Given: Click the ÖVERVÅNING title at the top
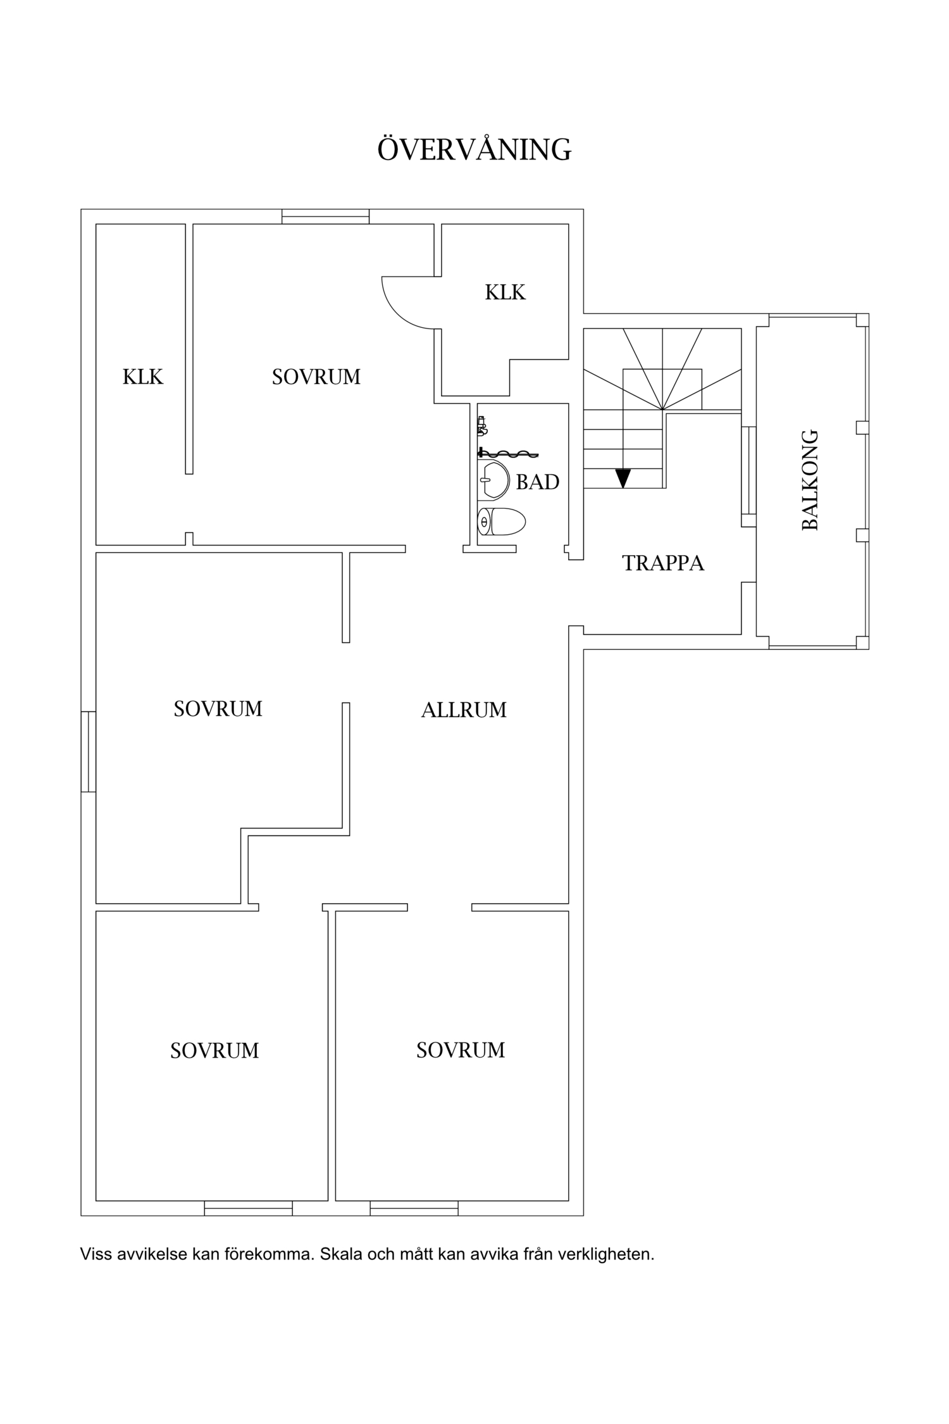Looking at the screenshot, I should (475, 150).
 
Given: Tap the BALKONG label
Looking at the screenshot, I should (810, 480).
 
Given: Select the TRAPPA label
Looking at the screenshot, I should (663, 563).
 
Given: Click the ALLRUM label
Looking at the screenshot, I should (464, 710).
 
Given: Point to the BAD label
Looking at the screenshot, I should (538, 482).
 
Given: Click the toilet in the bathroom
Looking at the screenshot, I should (502, 522).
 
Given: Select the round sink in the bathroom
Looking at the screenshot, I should (494, 479).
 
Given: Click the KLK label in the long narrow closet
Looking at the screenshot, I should (143, 377).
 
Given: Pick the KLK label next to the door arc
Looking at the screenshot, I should (505, 292).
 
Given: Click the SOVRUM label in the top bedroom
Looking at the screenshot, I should (316, 377).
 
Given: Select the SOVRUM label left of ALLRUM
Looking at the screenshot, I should (218, 709).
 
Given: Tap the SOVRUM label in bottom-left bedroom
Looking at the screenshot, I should (214, 1051).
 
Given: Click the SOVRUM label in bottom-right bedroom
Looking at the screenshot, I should (461, 1050).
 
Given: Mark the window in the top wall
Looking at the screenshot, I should (325, 216).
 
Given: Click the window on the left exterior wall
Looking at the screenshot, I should (88, 751).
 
